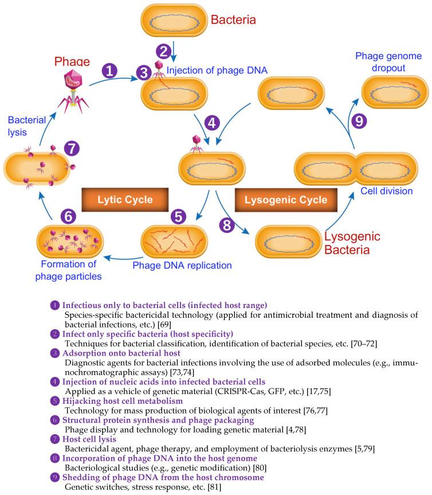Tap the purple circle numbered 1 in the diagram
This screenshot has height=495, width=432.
(109, 71)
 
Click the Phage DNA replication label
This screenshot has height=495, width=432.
(182, 266)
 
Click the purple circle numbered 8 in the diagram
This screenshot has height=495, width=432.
(227, 224)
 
